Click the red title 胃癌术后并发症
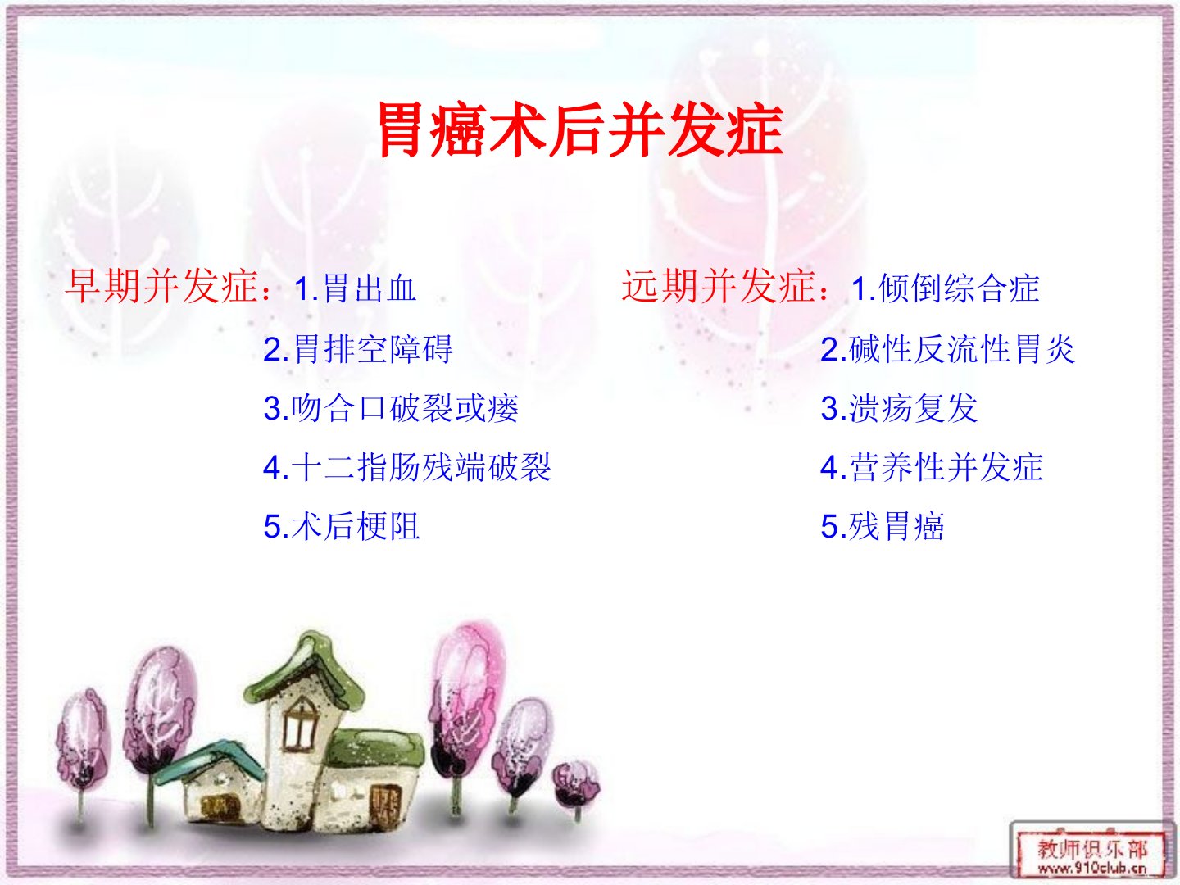(581, 129)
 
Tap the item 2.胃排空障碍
(358, 349)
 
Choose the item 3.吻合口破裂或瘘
(391, 408)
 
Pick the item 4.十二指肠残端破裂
(407, 467)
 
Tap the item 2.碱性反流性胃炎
(948, 349)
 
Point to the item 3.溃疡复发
(899, 408)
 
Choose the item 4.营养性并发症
(932, 467)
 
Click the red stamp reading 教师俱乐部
(1092, 850)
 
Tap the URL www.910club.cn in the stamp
(1092, 867)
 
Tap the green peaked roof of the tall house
(304, 669)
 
